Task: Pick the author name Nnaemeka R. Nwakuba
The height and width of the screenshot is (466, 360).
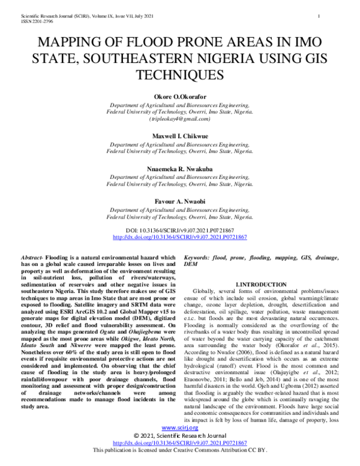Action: [x=179, y=170]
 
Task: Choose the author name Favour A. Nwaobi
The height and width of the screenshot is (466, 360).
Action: [x=179, y=202]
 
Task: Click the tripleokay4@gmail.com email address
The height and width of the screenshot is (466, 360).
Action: [x=179, y=120]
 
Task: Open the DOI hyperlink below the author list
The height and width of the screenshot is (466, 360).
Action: [x=179, y=237]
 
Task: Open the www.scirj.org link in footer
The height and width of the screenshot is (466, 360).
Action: [x=180, y=444]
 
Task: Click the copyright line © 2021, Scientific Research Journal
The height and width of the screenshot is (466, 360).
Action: [x=179, y=452]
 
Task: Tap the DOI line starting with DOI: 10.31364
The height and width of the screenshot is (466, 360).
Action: [x=179, y=230]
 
